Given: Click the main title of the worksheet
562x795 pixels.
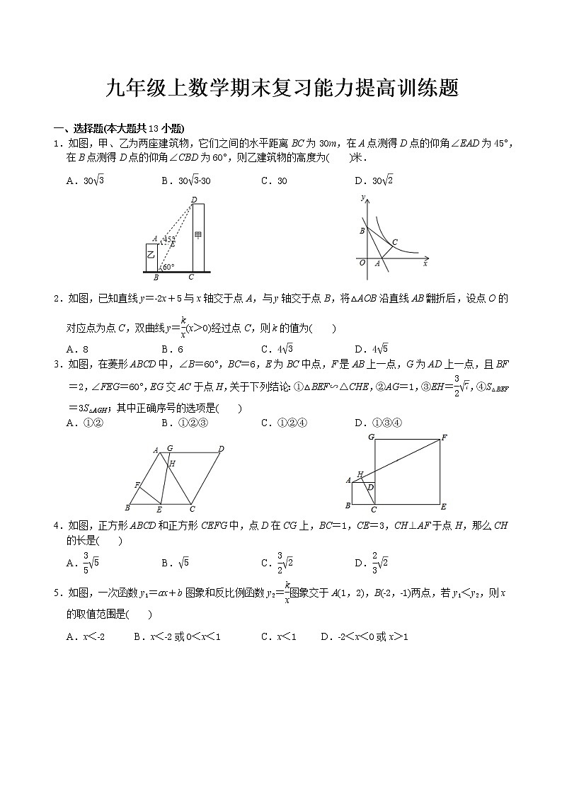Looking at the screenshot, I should pos(281,88).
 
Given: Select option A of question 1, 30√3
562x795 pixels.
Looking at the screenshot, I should pos(85,181).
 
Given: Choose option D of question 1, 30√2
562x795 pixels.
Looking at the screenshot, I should pos(373,181).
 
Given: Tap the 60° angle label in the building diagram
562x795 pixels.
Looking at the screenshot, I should pos(168,268).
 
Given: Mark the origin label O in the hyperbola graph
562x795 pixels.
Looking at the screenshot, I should pos(362,263).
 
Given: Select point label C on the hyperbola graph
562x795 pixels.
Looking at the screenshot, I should pos(394,241).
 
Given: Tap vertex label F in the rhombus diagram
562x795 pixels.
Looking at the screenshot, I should pos(137,484).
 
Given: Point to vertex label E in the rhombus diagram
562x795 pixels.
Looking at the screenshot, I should pos(159,510).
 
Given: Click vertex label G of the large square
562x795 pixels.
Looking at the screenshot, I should pos(371,437).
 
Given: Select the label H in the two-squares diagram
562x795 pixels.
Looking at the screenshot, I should pos(360,474).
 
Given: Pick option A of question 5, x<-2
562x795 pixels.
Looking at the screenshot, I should pos(85,636).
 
